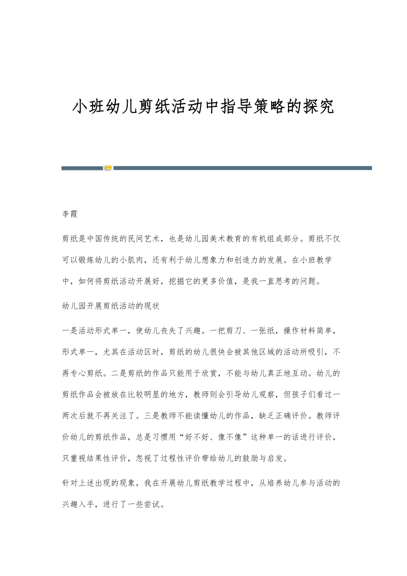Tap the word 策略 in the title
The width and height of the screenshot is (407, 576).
[269, 107]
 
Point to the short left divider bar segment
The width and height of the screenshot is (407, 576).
[82, 168]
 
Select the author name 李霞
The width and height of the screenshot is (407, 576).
[70, 215]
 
